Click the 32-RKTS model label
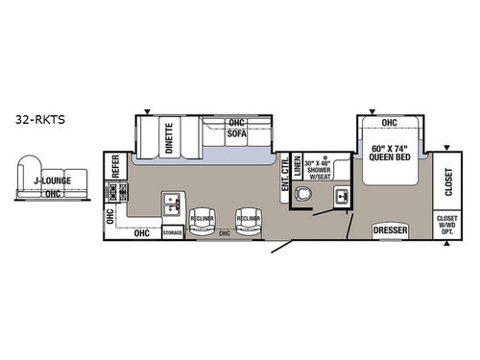(x=36, y=122)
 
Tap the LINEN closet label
(x=298, y=165)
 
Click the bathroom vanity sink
(x=340, y=198)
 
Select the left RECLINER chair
(x=203, y=219)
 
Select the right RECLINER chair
(x=248, y=219)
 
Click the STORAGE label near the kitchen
(x=173, y=231)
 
